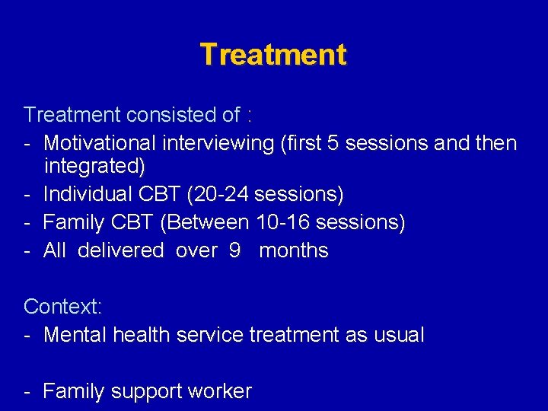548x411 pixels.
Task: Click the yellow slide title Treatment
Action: (273, 55)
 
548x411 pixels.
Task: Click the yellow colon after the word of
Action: (250, 116)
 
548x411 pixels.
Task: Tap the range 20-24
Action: (220, 194)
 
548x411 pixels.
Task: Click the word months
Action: (294, 250)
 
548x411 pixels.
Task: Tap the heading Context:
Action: (63, 307)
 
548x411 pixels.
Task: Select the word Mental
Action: (76, 335)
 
